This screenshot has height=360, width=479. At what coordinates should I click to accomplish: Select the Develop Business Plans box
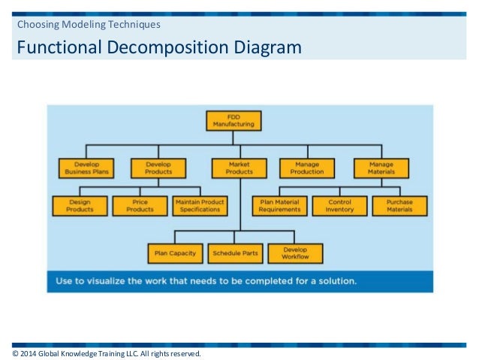click(86, 168)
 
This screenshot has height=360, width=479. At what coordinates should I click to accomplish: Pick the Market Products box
click(239, 168)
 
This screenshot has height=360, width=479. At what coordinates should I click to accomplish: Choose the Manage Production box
click(307, 168)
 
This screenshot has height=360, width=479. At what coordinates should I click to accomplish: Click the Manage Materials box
click(381, 168)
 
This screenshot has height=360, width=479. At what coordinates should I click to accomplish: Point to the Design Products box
click(80, 205)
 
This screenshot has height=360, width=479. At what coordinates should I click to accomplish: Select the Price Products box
click(140, 205)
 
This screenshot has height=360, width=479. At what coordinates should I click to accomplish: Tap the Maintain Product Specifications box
click(200, 205)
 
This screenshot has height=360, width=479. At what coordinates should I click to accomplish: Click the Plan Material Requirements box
click(279, 205)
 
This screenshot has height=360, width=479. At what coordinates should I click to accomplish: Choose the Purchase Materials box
click(399, 205)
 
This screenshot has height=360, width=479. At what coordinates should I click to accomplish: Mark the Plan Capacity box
click(176, 253)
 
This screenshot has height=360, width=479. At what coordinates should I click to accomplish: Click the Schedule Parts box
click(235, 253)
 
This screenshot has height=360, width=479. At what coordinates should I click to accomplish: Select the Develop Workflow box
click(295, 253)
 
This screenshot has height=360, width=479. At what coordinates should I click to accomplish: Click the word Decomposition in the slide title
click(173, 49)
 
